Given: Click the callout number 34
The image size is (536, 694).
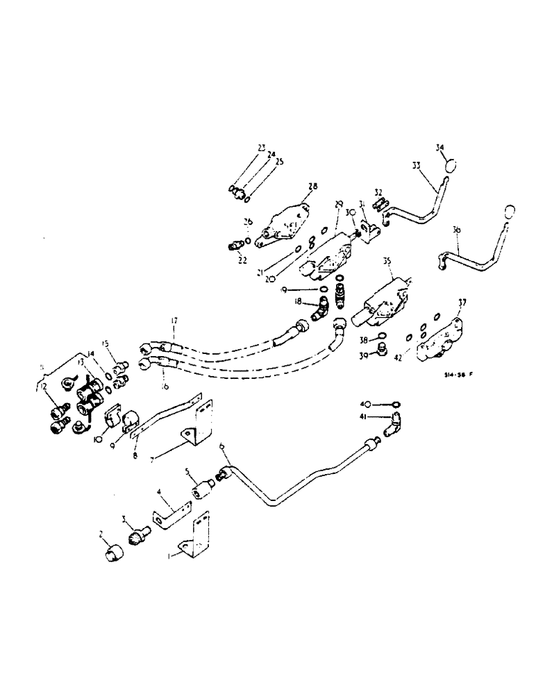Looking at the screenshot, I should (439, 147).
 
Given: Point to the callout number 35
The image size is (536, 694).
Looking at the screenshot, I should (387, 262).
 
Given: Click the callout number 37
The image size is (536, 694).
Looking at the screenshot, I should (462, 303).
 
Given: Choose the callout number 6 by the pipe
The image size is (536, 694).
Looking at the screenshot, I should (222, 448).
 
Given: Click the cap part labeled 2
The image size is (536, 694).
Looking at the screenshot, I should (113, 554).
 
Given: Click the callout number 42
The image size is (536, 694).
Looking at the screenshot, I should (396, 359).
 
